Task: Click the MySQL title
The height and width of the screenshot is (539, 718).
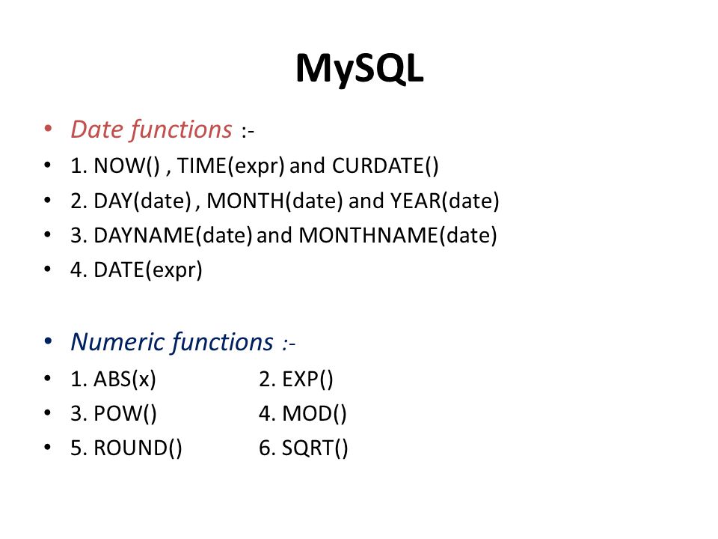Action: [x=360, y=69]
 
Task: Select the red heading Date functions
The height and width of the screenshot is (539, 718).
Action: [x=152, y=130]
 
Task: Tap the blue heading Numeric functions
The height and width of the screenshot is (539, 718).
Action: [x=172, y=342]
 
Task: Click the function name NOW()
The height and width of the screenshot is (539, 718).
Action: [x=127, y=165]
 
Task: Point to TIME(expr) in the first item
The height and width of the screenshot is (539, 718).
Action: [x=231, y=166]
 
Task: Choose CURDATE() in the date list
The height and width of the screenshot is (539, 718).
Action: [x=386, y=165]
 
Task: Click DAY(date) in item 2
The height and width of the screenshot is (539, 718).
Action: [x=142, y=201]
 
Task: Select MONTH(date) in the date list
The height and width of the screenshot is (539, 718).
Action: [x=274, y=201]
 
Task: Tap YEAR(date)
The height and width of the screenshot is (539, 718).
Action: [x=444, y=201]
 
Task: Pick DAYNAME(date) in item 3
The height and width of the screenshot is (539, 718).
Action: [x=173, y=235]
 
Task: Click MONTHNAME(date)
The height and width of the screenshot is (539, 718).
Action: [x=398, y=235]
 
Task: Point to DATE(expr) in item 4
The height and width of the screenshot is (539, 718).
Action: [x=148, y=270]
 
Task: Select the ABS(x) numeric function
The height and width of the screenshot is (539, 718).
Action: [x=125, y=380]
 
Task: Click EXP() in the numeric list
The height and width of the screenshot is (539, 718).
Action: [x=307, y=380]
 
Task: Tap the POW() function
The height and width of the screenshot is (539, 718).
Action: [x=125, y=413]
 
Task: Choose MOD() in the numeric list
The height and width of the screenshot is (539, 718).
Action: [x=314, y=413]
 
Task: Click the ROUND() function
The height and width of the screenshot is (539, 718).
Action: [x=138, y=448]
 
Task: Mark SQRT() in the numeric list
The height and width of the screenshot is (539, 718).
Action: [x=315, y=448]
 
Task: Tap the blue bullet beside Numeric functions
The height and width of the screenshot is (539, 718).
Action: [x=48, y=341]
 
